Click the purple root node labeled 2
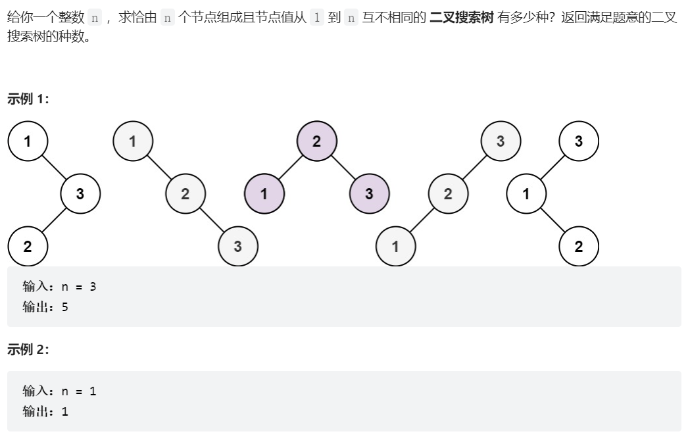[317, 141]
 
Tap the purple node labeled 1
[264, 193]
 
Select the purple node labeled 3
[369, 193]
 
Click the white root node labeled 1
[28, 141]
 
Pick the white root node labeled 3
[579, 141]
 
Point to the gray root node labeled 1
[133, 141]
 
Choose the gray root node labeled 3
[501, 141]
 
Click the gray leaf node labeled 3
[238, 246]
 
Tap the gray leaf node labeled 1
[395, 246]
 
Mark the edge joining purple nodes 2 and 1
[291, 167]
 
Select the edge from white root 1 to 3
[54, 167]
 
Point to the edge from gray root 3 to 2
[474, 167]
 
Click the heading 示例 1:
[28, 99]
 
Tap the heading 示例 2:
[28, 349]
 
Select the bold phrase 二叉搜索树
[461, 18]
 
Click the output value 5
[65, 307]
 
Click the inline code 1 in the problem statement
[317, 18]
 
